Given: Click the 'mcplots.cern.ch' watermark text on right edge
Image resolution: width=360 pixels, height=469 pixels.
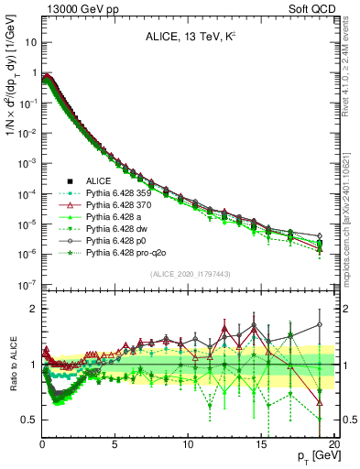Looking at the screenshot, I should pos(351,247).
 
